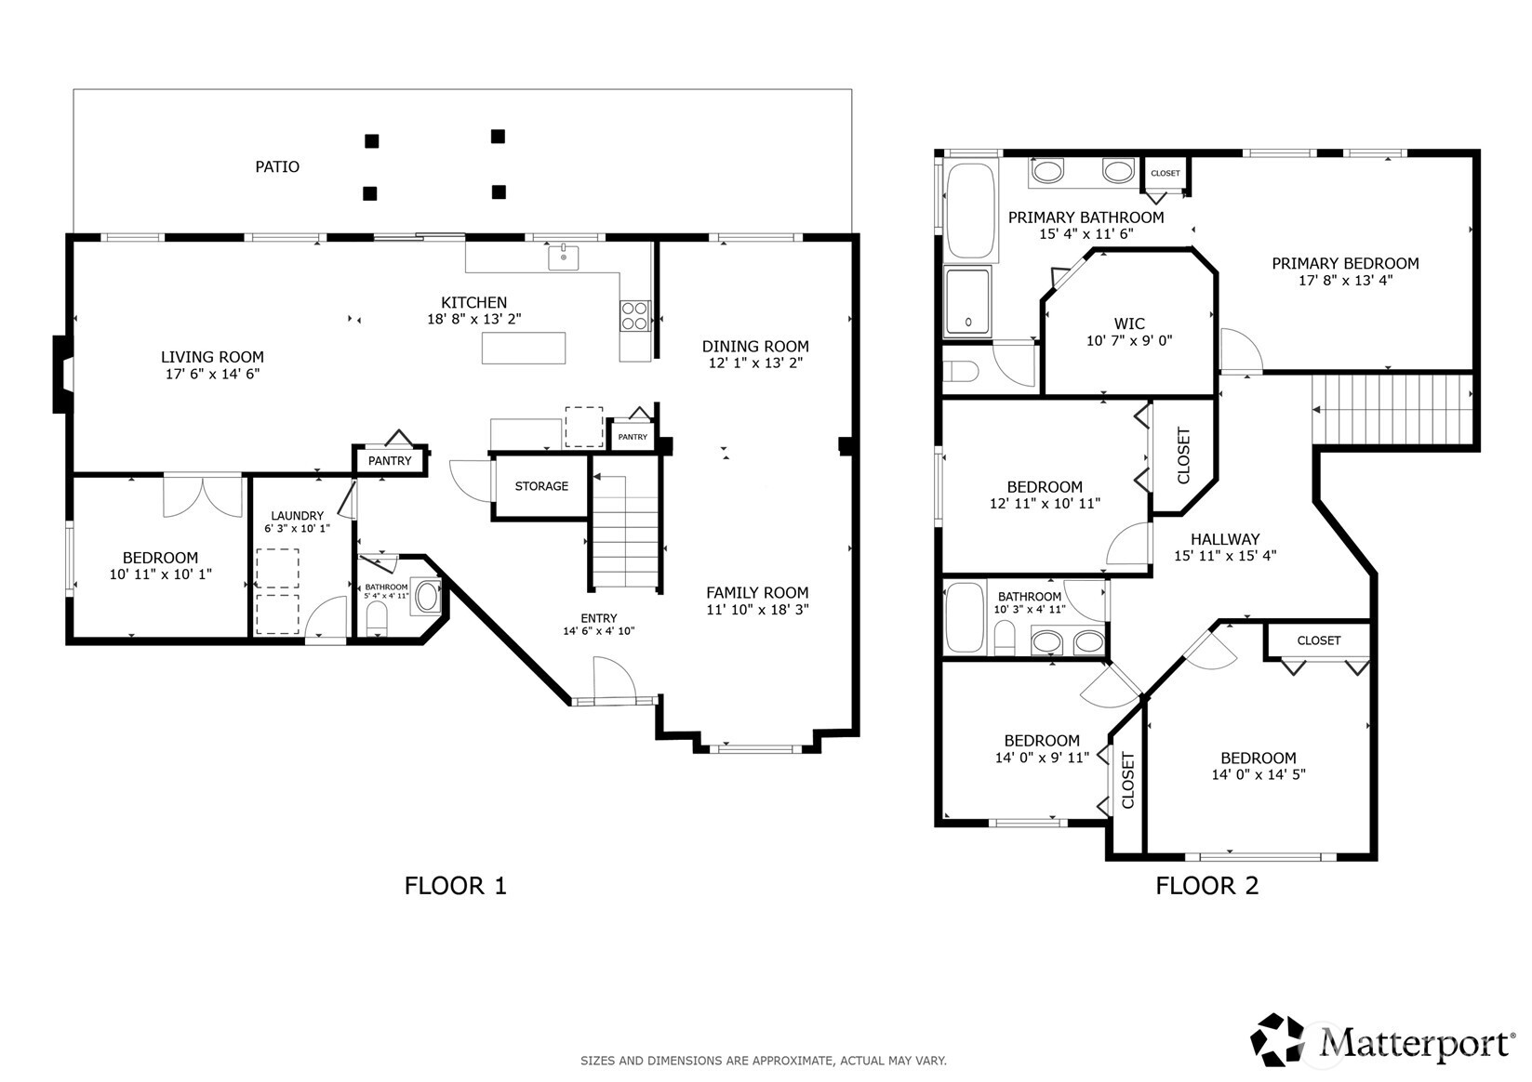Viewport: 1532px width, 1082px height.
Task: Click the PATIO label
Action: pos(277,166)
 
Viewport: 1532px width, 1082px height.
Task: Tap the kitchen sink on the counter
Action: pos(564,258)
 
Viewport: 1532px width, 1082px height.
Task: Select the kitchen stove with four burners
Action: pos(635,316)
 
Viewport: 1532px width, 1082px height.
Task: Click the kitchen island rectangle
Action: pos(524,348)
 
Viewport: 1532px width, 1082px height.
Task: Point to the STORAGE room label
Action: pos(541,486)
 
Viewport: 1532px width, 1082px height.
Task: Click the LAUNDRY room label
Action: pos(297,515)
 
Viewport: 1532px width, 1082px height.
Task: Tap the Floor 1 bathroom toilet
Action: pos(377,618)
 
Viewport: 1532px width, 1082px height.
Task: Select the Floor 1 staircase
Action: pos(625,532)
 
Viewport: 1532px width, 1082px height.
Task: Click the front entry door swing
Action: pos(615,679)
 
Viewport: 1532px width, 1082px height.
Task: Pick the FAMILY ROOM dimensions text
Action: pos(758,609)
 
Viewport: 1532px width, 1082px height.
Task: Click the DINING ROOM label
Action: pos(755,347)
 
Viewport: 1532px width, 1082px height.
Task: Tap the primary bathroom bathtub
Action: pos(970,210)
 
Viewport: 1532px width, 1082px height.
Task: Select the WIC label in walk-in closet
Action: pos(1129,323)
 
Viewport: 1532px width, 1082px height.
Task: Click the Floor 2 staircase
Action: pos(1392,410)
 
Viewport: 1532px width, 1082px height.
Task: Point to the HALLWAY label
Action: pos(1225,539)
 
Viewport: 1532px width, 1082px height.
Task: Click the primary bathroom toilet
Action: pos(961,372)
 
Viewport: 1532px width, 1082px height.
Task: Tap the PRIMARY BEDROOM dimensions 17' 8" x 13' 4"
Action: pos(1345,280)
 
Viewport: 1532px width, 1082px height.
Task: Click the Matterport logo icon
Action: pos(1277,1040)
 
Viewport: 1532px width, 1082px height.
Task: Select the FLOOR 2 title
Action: pos(1207,886)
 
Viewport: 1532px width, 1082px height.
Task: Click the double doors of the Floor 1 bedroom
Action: pos(203,497)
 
